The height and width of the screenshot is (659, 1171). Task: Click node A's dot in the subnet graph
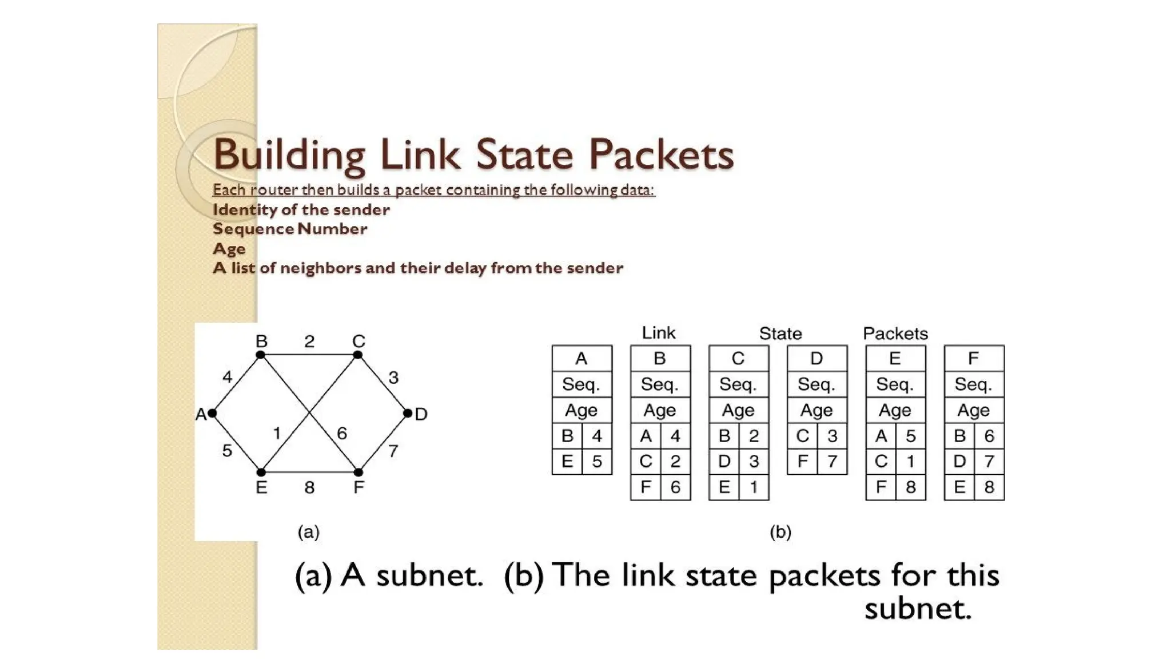212,413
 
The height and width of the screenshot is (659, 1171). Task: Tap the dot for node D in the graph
408,413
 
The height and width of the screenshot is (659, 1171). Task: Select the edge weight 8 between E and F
309,487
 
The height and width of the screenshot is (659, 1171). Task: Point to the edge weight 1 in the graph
277,434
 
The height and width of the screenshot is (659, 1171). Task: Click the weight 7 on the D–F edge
393,451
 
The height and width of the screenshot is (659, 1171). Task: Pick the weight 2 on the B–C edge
309,342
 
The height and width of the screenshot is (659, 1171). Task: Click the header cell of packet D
816,359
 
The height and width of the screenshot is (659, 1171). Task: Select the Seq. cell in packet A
581,384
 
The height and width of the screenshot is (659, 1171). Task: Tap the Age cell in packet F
974,410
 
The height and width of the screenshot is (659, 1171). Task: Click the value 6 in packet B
675,487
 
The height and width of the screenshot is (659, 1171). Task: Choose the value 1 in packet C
754,487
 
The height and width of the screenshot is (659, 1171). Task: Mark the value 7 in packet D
832,461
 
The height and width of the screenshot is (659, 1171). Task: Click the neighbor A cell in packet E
881,436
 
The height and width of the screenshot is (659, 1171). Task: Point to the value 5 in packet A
597,461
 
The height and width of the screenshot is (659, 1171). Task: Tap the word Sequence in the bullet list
253,229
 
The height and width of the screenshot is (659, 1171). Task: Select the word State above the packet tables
780,334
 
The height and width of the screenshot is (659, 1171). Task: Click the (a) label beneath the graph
309,532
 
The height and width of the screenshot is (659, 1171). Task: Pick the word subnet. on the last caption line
918,608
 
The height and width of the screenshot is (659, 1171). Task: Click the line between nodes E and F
332,473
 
